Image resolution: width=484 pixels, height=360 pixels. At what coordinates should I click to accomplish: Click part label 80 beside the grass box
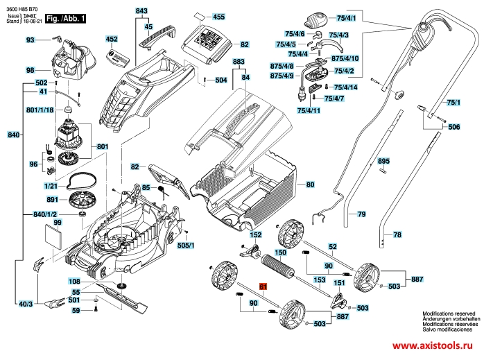coord(310,185)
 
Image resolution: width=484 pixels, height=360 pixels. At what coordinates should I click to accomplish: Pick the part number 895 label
coord(384,162)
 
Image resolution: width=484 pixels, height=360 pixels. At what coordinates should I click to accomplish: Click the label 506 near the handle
coord(453,128)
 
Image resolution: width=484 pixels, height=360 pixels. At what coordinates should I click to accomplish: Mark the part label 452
coord(112,40)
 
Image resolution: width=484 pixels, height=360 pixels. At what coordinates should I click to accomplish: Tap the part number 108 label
coord(74,282)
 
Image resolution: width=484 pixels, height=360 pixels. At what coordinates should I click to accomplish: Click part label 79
coord(361,215)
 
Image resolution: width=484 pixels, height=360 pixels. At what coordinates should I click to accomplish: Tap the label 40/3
coord(26,304)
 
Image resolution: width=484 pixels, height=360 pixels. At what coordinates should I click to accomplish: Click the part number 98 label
coord(30,71)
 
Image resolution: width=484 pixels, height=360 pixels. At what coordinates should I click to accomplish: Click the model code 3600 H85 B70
coord(20,6)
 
